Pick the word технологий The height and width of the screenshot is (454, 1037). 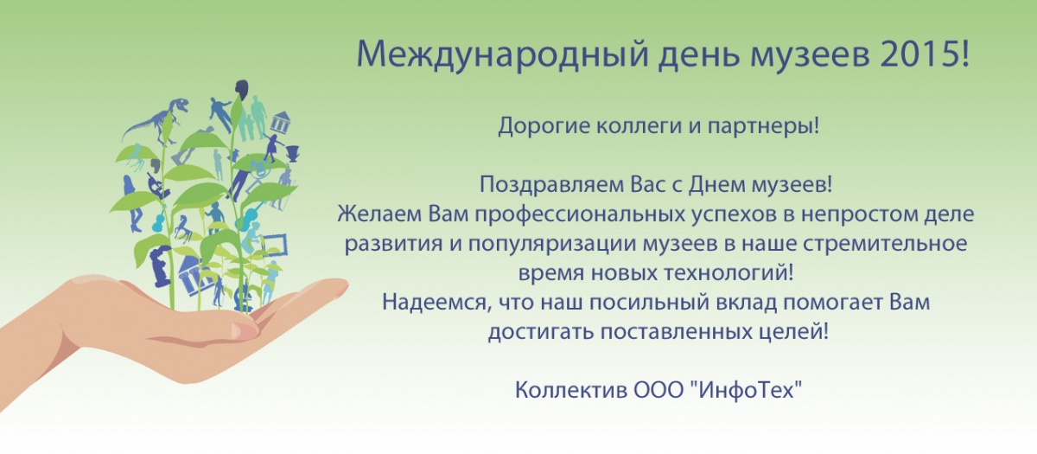click(x=728, y=274)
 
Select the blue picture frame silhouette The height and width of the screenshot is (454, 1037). click(x=274, y=245)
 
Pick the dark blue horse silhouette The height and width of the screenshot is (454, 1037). click(x=183, y=229)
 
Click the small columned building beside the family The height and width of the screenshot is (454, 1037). click(x=281, y=122)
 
